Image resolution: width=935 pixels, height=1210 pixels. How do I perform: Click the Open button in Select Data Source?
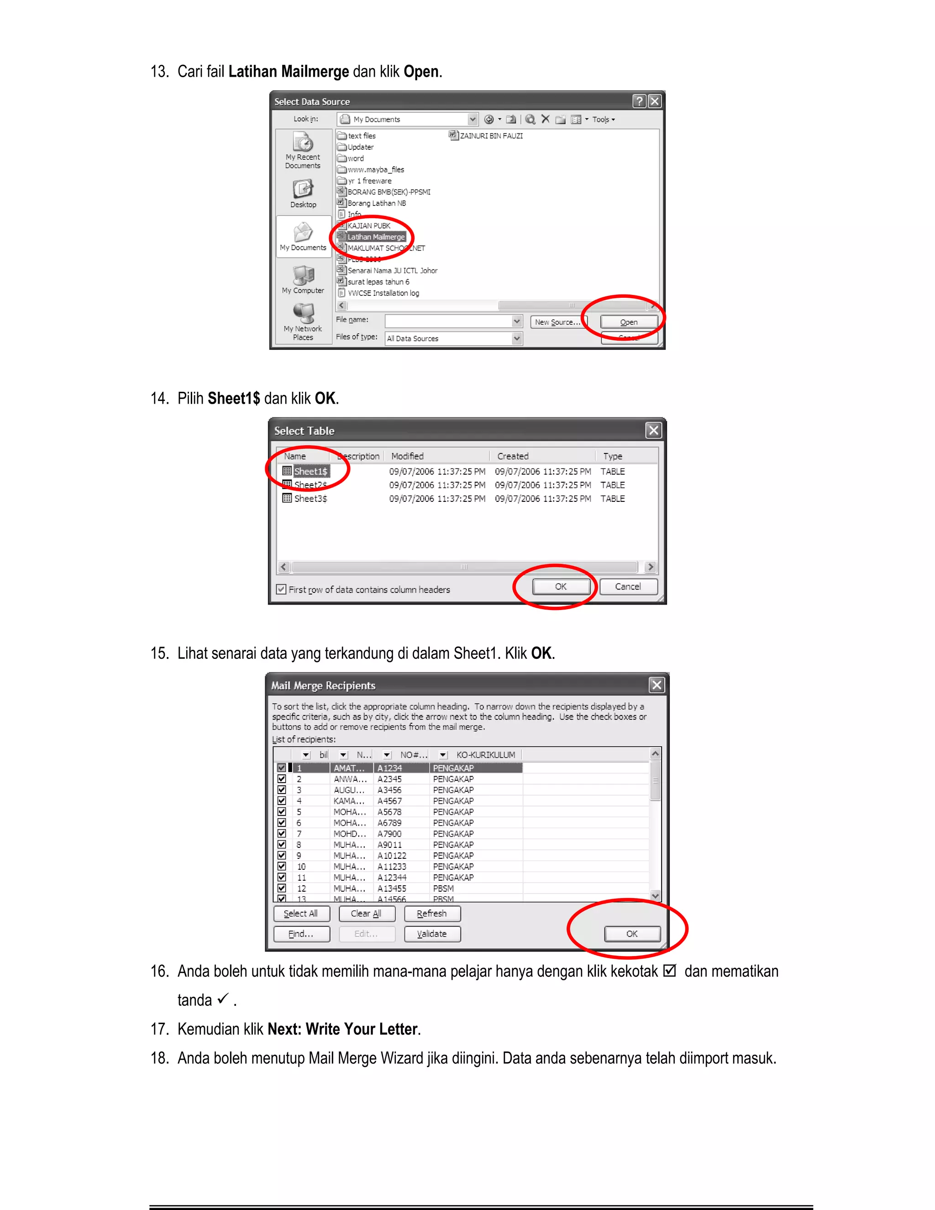click(x=629, y=322)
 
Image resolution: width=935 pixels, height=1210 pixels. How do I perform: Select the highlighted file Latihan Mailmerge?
click(x=376, y=237)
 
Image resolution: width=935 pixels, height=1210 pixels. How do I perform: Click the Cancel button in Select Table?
click(x=628, y=587)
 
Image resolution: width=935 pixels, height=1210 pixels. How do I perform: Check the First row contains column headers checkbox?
click(x=281, y=589)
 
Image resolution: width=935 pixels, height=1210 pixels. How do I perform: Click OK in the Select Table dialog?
click(x=561, y=587)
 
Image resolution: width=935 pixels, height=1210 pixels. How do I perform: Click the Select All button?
click(x=301, y=914)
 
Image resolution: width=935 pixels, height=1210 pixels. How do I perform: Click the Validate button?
click(x=431, y=934)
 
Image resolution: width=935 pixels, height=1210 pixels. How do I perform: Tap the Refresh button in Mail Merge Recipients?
click(x=431, y=914)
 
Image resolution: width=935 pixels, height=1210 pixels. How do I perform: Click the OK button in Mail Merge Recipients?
click(x=631, y=934)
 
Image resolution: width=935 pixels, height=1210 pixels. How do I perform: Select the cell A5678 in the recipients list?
click(x=389, y=812)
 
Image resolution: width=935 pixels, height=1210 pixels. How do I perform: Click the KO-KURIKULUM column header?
click(x=485, y=755)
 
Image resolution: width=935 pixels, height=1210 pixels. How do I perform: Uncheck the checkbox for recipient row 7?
click(x=281, y=833)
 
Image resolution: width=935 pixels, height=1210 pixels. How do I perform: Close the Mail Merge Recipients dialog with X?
click(x=657, y=685)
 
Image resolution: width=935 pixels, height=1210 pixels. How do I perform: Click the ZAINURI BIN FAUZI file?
click(x=491, y=136)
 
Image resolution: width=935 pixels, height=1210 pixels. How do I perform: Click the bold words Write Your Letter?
click(x=361, y=1029)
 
